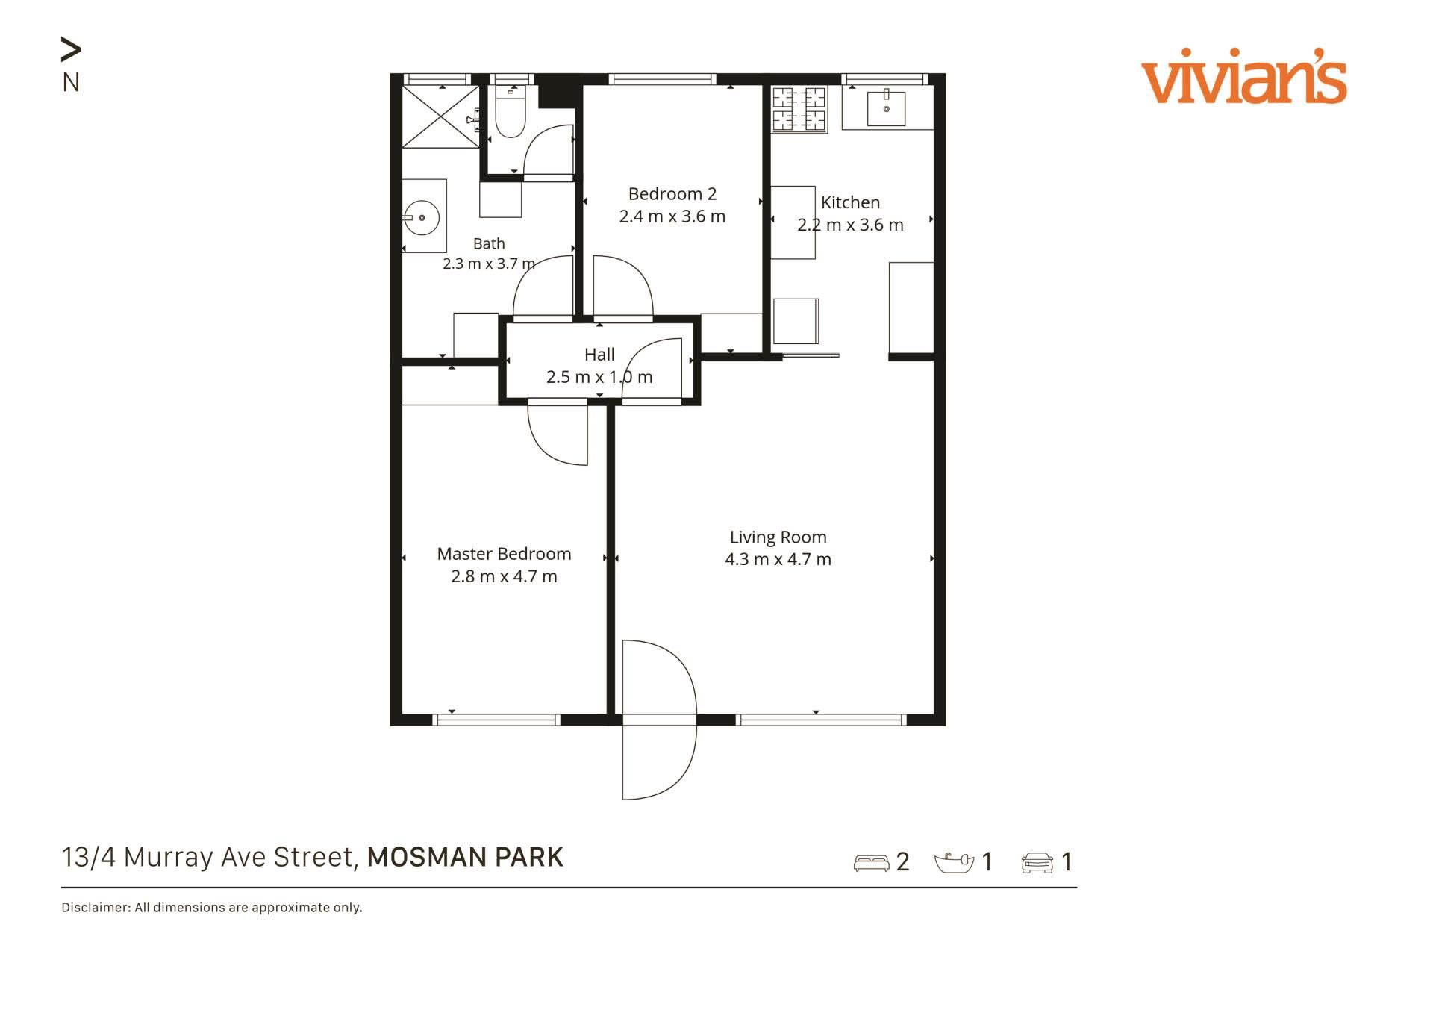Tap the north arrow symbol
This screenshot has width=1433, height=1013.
(x=71, y=50)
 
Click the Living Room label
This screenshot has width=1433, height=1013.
(x=778, y=537)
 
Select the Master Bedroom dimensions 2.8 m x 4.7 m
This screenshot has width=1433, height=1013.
(x=504, y=576)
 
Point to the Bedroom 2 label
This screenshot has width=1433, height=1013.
(x=672, y=194)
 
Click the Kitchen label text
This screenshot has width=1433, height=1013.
(x=850, y=202)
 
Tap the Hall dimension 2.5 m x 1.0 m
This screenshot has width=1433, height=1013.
(x=599, y=377)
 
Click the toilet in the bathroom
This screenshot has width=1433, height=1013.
(x=511, y=111)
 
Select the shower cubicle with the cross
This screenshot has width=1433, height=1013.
(x=440, y=116)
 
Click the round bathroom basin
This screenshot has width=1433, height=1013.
(x=421, y=218)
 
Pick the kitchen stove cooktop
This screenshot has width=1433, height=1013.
(x=799, y=109)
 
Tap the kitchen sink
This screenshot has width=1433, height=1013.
(x=886, y=109)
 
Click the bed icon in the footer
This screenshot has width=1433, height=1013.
(x=871, y=863)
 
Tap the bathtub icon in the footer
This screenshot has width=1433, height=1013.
(x=954, y=862)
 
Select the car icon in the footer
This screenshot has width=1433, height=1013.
(x=1037, y=863)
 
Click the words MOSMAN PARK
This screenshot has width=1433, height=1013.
(x=465, y=857)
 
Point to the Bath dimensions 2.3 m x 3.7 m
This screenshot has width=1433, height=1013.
(x=489, y=264)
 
